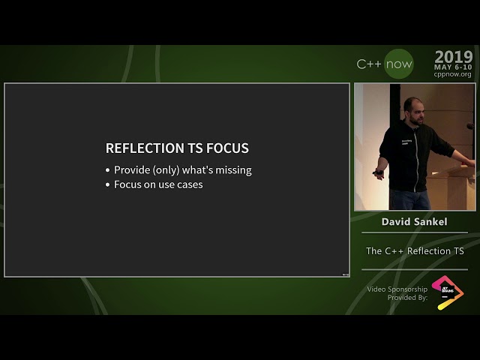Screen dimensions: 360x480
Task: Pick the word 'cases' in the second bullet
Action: [x=189, y=184]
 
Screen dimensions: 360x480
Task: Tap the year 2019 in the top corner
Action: [x=453, y=57]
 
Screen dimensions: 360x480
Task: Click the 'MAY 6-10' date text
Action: [x=453, y=67]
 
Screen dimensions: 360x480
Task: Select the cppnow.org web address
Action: [x=453, y=75]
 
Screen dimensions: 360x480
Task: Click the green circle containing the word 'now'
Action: [x=398, y=64]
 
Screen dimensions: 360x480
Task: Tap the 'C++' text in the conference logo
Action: [x=368, y=64]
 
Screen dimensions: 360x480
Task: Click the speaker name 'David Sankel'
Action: [x=414, y=222]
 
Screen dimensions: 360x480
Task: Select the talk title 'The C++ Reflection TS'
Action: [x=415, y=251]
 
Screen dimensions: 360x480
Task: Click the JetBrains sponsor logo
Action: [x=447, y=292]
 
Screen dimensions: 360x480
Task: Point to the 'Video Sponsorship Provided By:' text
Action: [x=397, y=293]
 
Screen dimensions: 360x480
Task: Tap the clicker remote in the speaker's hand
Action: [x=378, y=173]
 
